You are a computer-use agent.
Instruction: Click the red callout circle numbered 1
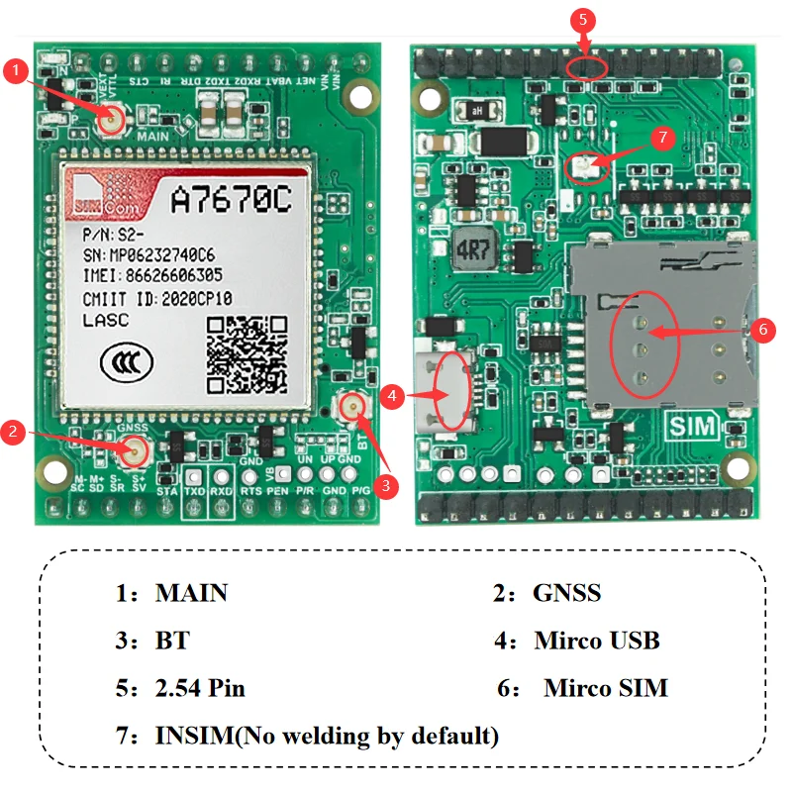coord(16,70)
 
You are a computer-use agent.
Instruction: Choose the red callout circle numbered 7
coord(663,138)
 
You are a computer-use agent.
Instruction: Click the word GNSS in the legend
coord(566,593)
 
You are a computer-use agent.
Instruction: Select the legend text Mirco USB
coord(597,641)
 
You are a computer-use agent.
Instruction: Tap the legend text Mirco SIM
coord(606,688)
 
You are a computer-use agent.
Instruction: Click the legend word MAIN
coord(191,593)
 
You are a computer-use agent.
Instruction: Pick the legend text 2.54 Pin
coord(200,688)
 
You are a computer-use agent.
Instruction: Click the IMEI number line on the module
coord(151,275)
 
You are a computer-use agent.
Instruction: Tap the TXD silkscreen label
coord(194,491)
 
